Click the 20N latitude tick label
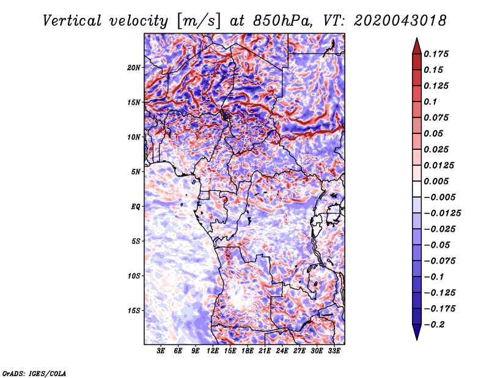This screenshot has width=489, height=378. (134, 67)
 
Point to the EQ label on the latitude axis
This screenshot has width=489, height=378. (136, 207)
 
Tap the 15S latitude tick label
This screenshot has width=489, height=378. (134, 311)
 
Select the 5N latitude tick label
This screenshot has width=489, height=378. (136, 172)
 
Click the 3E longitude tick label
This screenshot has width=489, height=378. (161, 351)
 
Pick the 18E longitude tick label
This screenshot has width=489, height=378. (248, 351)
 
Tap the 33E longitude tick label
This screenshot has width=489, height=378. (334, 351)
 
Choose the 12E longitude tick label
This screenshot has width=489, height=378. (213, 351)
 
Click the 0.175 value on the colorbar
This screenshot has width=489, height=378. (436, 54)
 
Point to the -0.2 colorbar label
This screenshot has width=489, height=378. (434, 325)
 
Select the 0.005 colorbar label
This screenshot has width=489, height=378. (436, 181)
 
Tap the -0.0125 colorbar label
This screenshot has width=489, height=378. (442, 213)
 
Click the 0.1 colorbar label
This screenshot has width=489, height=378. (430, 102)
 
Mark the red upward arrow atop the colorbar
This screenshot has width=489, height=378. (417, 46)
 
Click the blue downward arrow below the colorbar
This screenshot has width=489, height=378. (417, 332)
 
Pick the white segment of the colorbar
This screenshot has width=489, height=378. (417, 189)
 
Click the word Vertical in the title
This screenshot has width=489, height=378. (72, 21)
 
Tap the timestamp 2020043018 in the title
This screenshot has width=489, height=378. (400, 21)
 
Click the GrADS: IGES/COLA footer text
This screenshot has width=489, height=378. (34, 373)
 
